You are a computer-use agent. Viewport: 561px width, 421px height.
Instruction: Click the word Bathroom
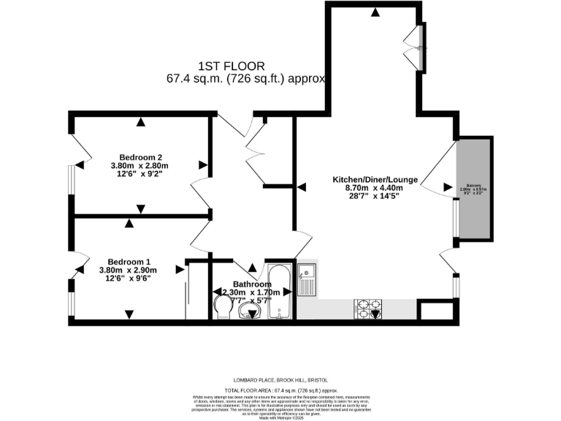click(252, 284)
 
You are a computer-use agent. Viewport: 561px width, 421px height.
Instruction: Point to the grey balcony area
click(476, 189)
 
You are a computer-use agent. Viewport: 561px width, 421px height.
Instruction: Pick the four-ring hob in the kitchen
click(367, 306)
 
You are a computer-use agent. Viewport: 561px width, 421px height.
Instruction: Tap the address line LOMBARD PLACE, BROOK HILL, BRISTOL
click(280, 380)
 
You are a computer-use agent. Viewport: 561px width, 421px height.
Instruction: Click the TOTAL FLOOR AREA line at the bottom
click(280, 391)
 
